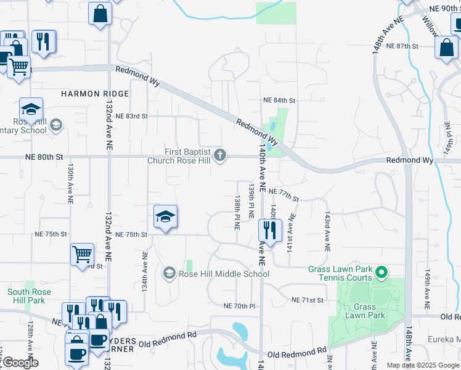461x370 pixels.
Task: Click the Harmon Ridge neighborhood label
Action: coord(95,94)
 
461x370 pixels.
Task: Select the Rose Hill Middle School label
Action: coord(224,274)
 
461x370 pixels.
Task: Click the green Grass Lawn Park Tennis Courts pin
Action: coord(382,271)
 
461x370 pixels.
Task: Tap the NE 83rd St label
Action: coord(131,116)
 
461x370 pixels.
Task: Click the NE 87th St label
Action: coord(402,46)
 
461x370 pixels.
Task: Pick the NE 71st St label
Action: coord(308,300)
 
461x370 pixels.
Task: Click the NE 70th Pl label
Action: coord(240,306)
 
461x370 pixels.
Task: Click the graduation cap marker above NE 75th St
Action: coord(165,216)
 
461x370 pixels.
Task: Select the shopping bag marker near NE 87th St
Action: coord(446,47)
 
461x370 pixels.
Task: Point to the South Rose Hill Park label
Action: coord(26,296)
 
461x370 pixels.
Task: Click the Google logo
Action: coord(20,363)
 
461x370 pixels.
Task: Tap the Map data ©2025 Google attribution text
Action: coord(423,365)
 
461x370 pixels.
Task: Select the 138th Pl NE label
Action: coord(237,212)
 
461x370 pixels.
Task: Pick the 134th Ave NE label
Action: coord(145,271)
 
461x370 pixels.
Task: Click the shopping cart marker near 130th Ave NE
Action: coord(82,253)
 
